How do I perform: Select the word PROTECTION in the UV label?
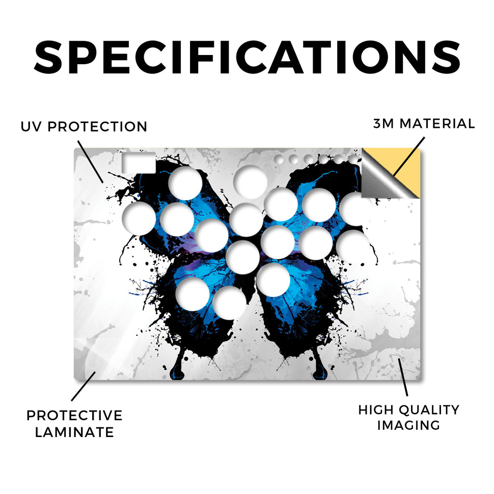[97, 127]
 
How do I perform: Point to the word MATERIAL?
[437, 123]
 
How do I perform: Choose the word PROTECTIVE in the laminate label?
[74, 415]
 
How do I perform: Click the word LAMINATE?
[74, 432]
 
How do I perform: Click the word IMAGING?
[409, 425]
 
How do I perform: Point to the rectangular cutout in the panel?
[138, 163]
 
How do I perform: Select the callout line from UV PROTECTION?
[90, 162]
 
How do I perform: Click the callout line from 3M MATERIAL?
[409, 156]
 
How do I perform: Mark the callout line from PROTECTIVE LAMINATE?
[83, 386]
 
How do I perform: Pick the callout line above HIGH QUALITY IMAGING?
[403, 377]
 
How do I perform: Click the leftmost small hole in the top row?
[279, 159]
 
